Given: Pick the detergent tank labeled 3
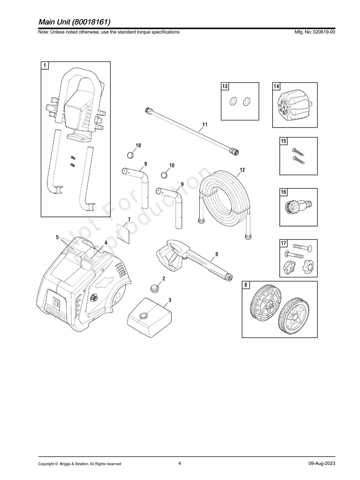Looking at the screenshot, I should click(x=149, y=316).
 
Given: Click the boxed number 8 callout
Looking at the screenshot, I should click(x=246, y=285).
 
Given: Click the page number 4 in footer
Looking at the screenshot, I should click(x=180, y=463).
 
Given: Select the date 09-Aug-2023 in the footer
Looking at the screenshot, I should click(x=321, y=464).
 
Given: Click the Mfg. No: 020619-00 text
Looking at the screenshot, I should click(x=314, y=32).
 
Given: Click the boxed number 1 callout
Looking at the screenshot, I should click(x=45, y=65).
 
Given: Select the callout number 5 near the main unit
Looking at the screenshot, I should click(x=57, y=237).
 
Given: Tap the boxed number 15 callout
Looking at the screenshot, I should click(x=283, y=141).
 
